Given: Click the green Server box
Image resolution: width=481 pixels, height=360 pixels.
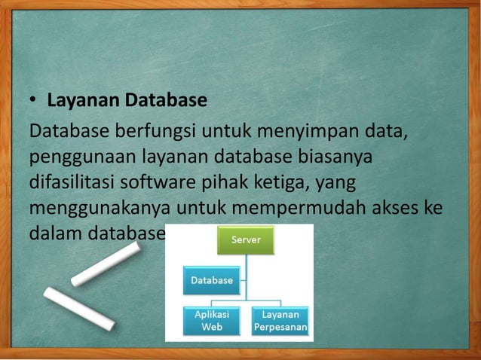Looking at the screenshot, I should [x=246, y=240].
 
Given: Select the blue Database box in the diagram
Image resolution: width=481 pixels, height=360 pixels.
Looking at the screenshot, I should [x=212, y=280].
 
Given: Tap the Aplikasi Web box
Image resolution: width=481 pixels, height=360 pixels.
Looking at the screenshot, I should [x=212, y=321].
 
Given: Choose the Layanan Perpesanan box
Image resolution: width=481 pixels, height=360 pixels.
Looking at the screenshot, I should [x=280, y=321].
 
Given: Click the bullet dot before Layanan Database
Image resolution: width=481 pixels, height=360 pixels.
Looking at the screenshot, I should [x=33, y=100].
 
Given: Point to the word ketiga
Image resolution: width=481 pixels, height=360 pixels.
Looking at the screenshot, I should [x=277, y=183].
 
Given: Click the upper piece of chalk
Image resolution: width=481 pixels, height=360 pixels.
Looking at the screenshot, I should [x=106, y=264].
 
